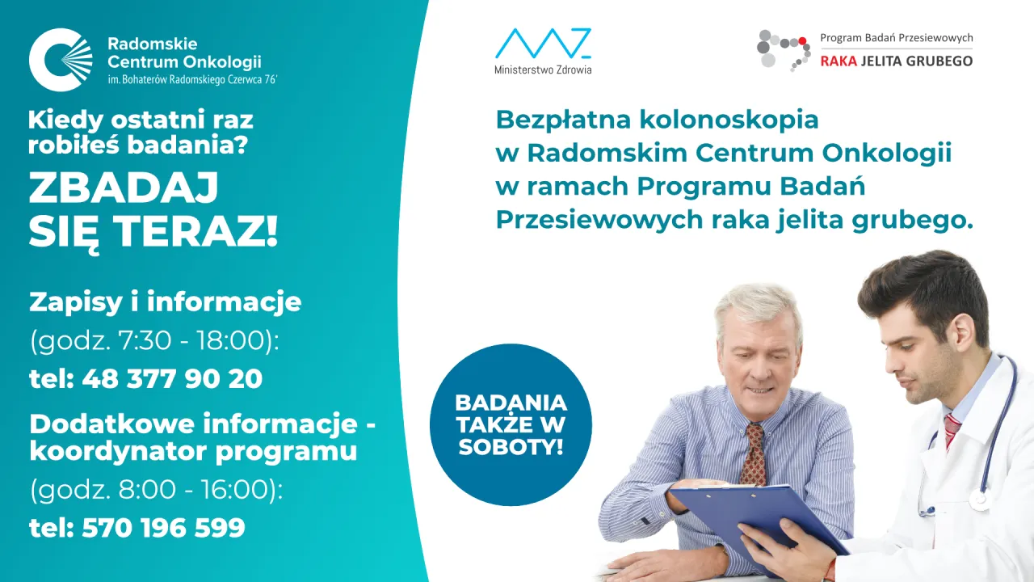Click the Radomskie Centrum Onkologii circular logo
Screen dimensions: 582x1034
(61, 60)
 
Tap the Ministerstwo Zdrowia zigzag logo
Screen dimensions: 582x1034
(543, 44)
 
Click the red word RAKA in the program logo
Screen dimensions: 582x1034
(838, 61)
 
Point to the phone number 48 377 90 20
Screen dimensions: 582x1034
(172, 378)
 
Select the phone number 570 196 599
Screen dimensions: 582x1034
(163, 528)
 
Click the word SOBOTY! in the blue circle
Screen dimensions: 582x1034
(511, 446)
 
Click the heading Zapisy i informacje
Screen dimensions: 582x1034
(165, 302)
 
